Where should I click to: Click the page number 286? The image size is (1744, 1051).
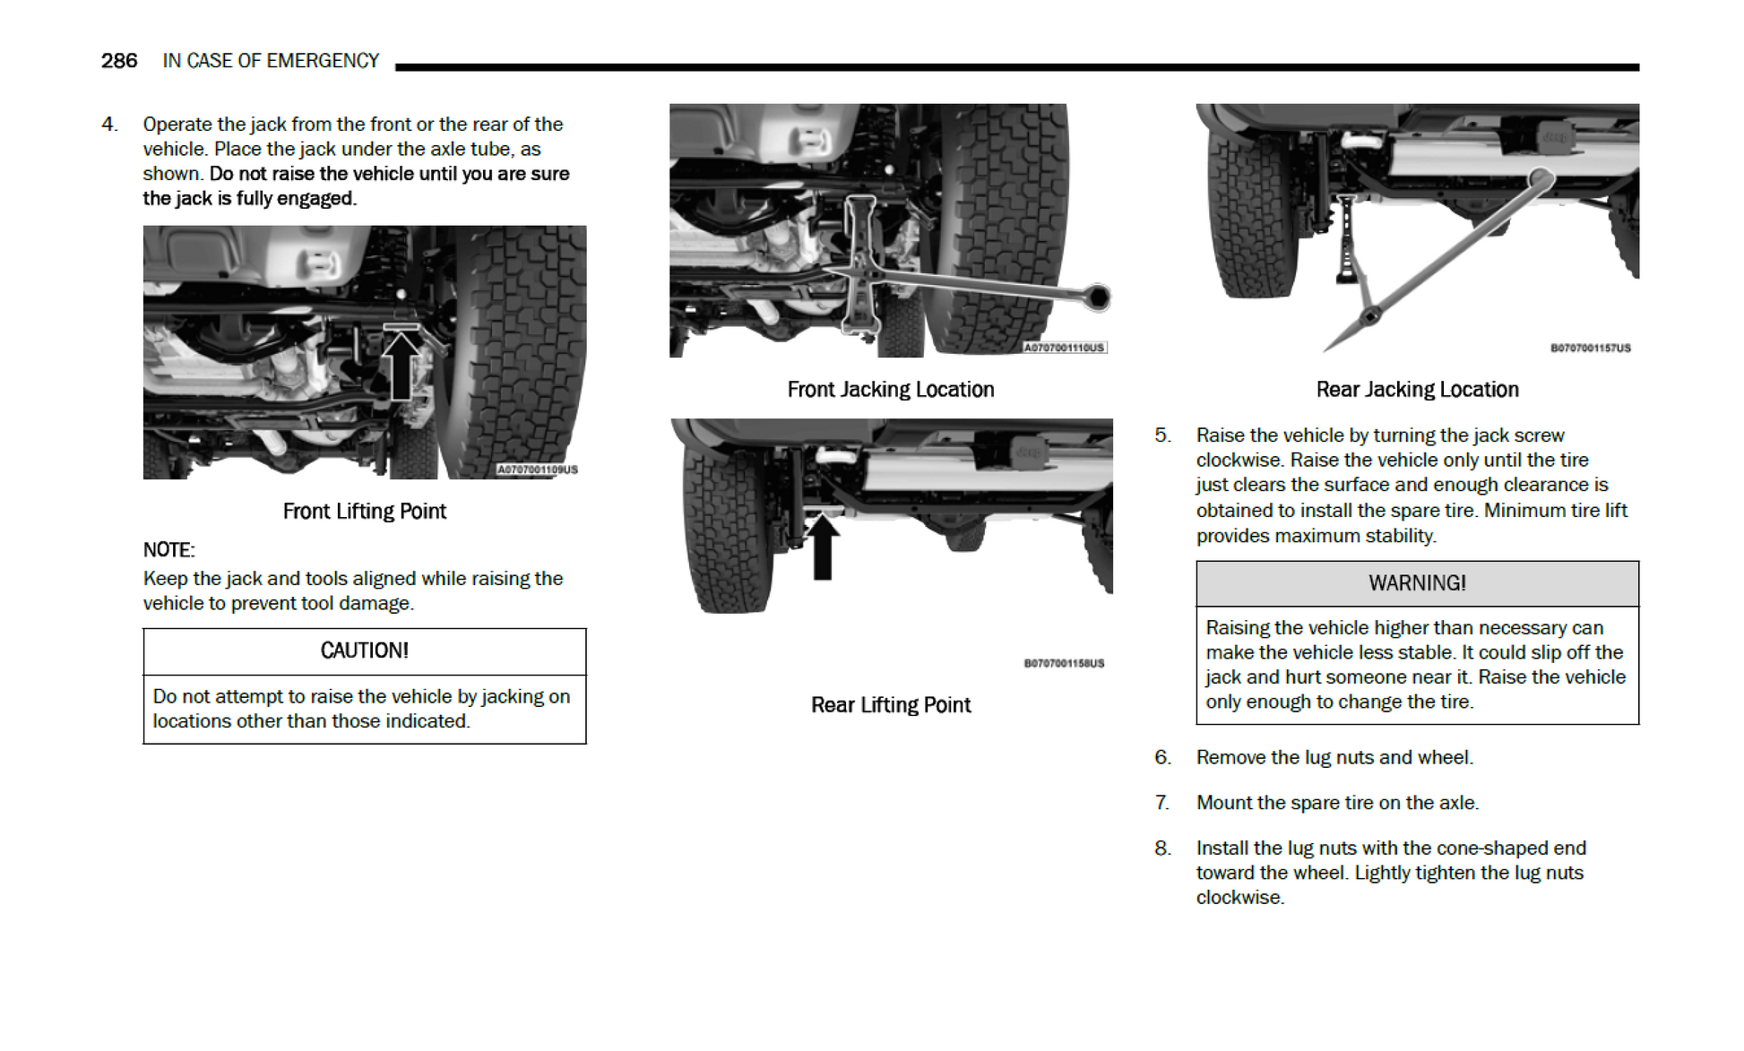[x=118, y=61]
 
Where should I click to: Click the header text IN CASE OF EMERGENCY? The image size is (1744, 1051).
[x=271, y=61]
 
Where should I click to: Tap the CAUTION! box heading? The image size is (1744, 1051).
[x=364, y=650]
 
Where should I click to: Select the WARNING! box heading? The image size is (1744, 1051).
[x=1417, y=583]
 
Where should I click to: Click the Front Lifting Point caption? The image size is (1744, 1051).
[x=364, y=511]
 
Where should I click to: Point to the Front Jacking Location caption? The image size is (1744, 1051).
[x=890, y=390]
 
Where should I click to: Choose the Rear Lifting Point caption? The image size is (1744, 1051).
[x=890, y=705]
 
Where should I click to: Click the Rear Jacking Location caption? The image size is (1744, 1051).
[x=1417, y=390]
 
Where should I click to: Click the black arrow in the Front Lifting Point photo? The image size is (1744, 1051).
[x=401, y=364]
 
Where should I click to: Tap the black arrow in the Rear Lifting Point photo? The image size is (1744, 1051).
[x=822, y=547]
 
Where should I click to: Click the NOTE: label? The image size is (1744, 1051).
[x=168, y=550]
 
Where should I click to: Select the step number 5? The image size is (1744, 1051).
[x=1162, y=435]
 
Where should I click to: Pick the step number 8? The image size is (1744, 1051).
[x=1162, y=849]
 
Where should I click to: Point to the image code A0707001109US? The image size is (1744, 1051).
[x=538, y=470]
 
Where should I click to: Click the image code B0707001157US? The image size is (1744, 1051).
[x=1590, y=349]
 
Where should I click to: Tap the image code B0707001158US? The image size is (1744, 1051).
[x=1064, y=664]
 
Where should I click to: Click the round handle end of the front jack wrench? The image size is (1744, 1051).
[x=1097, y=297]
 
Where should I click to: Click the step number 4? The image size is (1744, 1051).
[x=109, y=125]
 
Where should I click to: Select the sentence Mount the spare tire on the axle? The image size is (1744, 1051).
[x=1337, y=803]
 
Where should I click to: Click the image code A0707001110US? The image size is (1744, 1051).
[x=1065, y=348]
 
